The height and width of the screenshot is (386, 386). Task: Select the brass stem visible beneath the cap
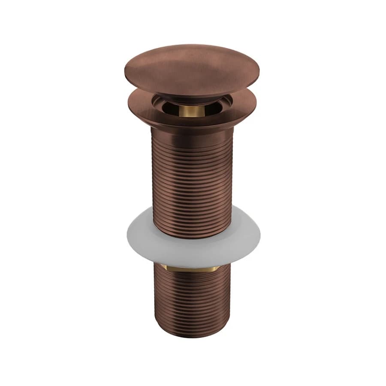pyautogui.click(x=192, y=111)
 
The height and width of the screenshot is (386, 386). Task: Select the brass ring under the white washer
pyautogui.click(x=192, y=269)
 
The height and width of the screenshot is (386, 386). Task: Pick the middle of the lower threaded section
pyautogui.click(x=192, y=300)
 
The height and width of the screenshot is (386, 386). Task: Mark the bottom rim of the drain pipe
pyautogui.click(x=192, y=335)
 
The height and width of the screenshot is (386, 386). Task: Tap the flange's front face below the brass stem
pyautogui.click(x=192, y=122)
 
